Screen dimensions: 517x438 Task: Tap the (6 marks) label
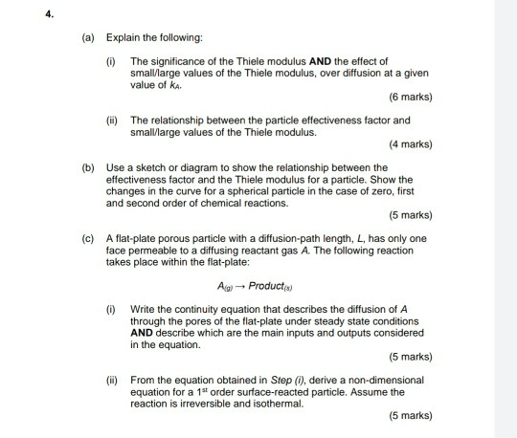tap(411, 97)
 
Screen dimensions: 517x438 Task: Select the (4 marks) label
tap(411, 144)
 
